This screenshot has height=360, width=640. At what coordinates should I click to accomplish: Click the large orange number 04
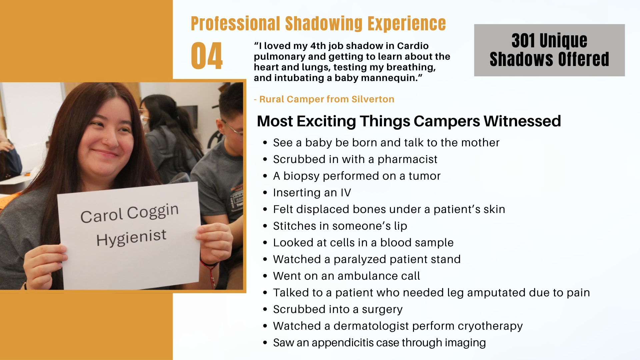[207, 56]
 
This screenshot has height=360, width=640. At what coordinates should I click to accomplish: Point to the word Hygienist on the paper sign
[131, 237]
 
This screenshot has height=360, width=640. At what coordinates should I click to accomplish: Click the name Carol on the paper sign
[102, 216]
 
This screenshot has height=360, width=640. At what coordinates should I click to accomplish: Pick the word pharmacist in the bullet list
[407, 159]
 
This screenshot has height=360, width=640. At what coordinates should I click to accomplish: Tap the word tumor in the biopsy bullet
[425, 176]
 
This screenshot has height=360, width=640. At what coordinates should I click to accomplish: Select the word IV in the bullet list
[346, 193]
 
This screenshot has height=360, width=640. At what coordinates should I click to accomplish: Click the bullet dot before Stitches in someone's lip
[265, 226]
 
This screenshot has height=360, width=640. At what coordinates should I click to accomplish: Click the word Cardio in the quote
[413, 46]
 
